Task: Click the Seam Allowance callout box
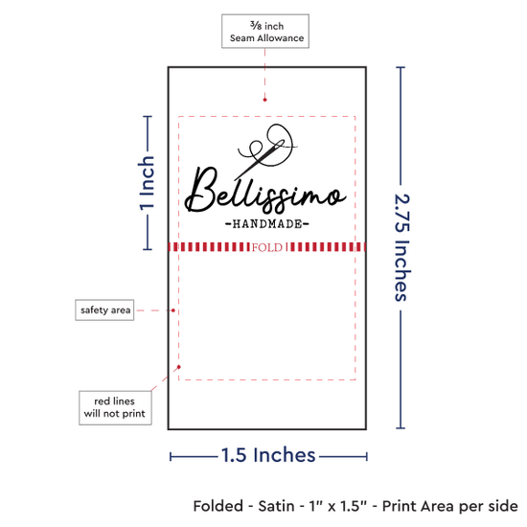265,31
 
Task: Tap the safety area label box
104,309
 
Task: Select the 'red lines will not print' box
115,407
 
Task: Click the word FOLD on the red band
267,247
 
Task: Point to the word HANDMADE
267,224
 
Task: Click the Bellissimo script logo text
265,191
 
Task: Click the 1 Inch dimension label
147,183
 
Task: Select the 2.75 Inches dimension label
402,247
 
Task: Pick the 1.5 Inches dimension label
268,455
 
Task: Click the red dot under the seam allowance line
264,100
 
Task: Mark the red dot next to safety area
173,310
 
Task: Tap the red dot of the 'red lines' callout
179,367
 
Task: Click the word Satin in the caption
276,506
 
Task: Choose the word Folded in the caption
218,506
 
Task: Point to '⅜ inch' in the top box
267,26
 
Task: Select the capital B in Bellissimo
201,189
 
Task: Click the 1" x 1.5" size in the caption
338,506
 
